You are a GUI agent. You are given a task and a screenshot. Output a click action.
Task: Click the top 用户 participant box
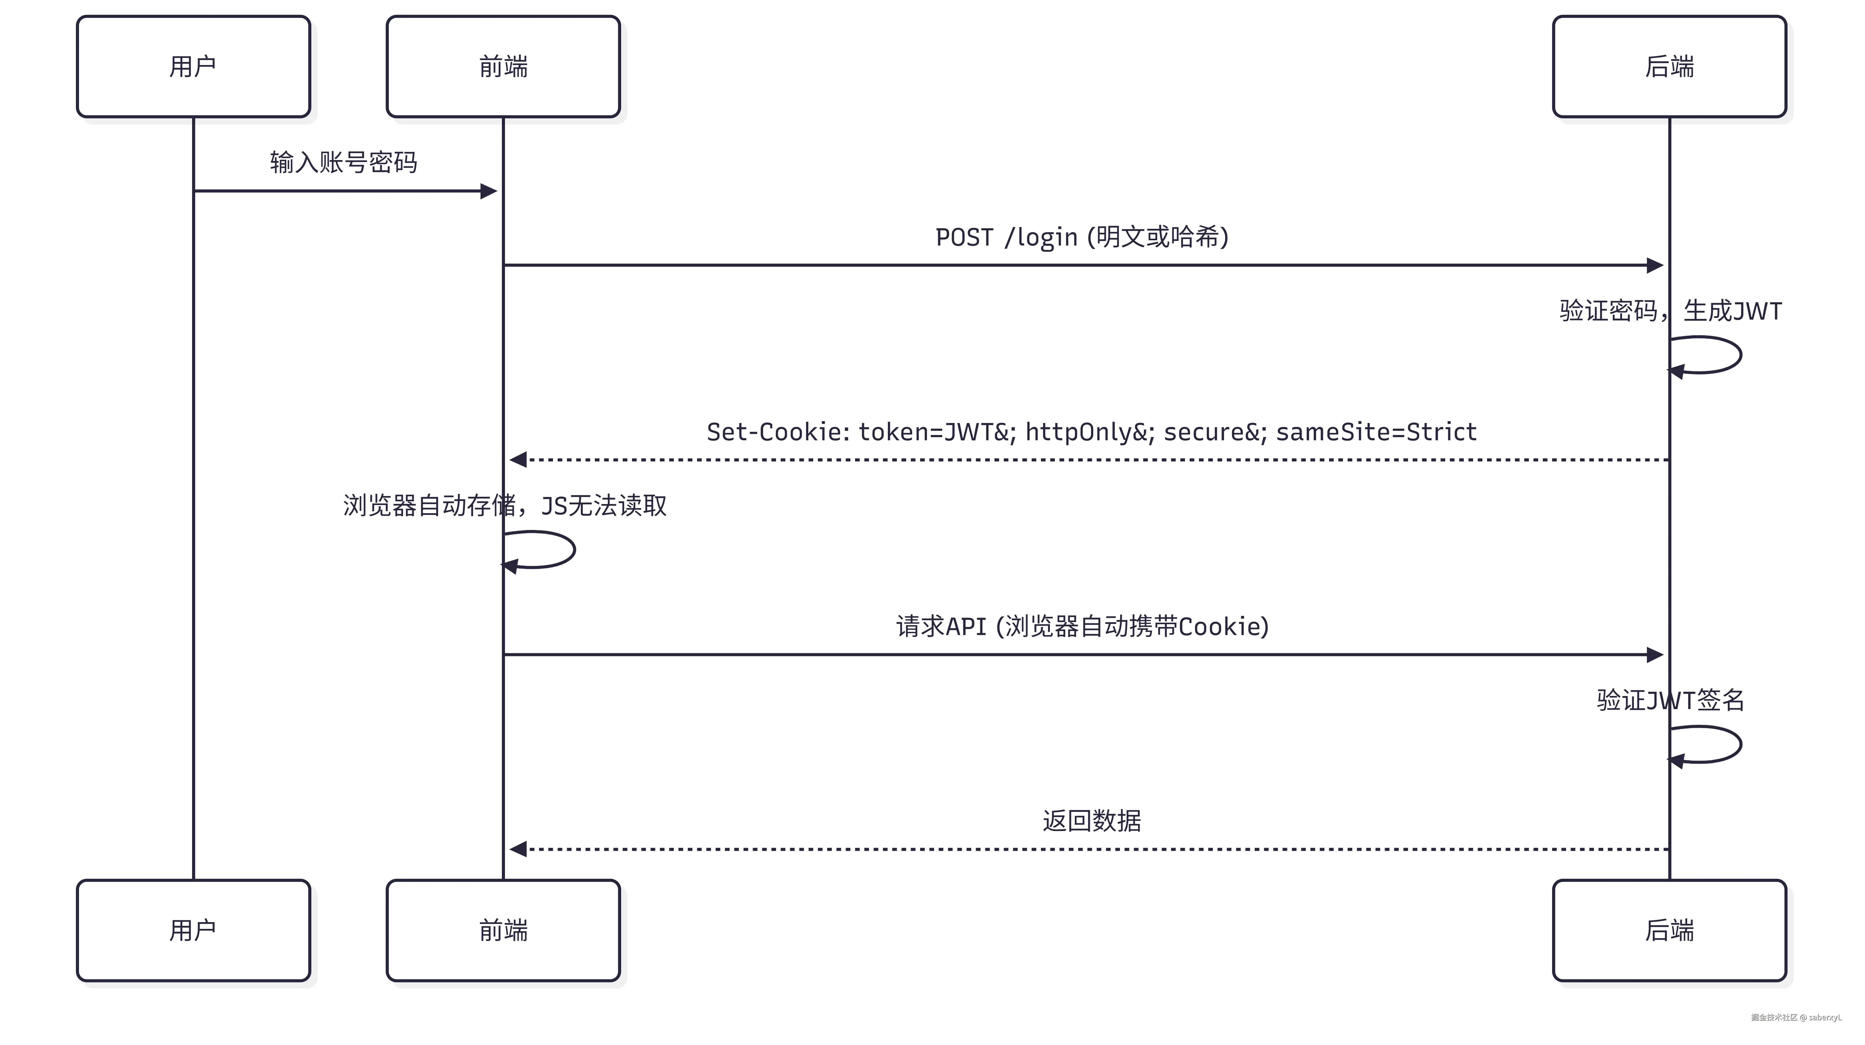click(193, 67)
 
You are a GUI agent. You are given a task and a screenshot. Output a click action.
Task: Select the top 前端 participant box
click(503, 67)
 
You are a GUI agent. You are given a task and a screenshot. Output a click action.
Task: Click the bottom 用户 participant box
click(193, 931)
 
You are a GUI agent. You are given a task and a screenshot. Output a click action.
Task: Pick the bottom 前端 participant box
click(503, 931)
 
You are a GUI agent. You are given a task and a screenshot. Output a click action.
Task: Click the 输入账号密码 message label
click(344, 162)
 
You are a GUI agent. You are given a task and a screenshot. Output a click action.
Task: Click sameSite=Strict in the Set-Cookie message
click(1376, 432)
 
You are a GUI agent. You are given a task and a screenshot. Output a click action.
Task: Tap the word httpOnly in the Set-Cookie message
click(1086, 432)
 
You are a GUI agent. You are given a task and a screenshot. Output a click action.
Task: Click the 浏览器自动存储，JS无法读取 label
click(505, 505)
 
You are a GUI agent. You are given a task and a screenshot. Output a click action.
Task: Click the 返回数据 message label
click(1092, 821)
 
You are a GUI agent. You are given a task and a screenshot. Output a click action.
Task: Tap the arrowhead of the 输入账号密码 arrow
click(489, 191)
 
